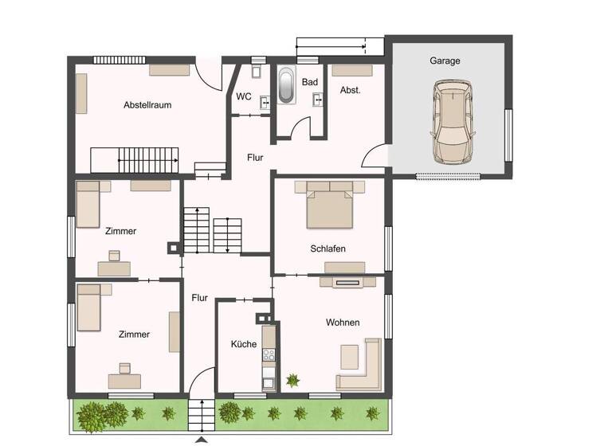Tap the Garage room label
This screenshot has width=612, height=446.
(x=445, y=61)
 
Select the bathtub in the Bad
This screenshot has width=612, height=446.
(x=286, y=85)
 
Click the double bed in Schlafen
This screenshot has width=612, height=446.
(x=330, y=205)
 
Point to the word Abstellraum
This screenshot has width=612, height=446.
(x=147, y=104)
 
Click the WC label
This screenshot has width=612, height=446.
(x=244, y=96)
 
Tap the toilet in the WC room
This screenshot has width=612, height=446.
(x=256, y=70)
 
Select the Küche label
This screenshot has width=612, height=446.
(x=244, y=344)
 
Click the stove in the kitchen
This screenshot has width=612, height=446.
(x=269, y=355)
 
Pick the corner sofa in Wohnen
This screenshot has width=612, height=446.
(x=363, y=368)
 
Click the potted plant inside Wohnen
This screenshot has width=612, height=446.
(x=293, y=381)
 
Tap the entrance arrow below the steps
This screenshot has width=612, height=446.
(x=202, y=438)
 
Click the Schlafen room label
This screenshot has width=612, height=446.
(x=328, y=248)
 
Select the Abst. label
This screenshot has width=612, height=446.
(x=351, y=90)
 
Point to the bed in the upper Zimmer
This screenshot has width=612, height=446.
(x=87, y=205)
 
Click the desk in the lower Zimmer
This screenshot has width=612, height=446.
(x=124, y=379)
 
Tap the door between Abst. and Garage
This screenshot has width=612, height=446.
(x=375, y=157)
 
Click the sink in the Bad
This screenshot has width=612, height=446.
(x=318, y=99)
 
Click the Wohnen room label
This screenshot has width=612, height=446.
(x=343, y=323)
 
